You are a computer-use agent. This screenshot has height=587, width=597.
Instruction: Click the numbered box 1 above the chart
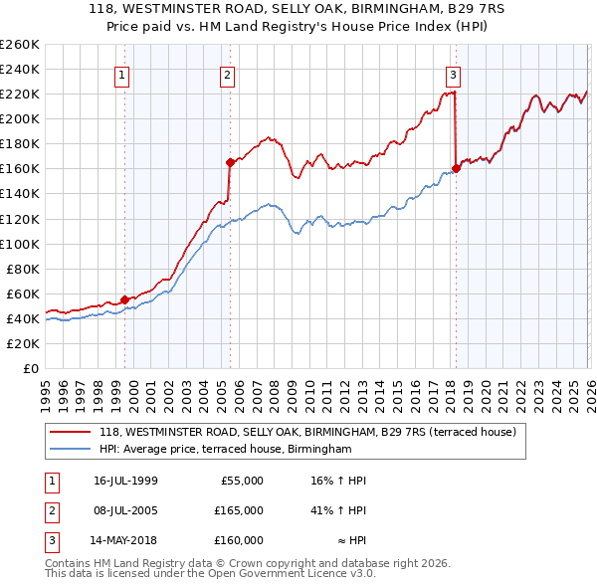coord(121,75)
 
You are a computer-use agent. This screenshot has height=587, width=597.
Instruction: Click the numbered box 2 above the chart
coord(228,75)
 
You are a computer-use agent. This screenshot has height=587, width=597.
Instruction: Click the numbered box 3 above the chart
coord(453,75)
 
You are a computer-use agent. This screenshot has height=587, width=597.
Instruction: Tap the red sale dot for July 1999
coord(124,298)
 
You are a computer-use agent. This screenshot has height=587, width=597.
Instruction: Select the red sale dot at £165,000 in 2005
coord(230,161)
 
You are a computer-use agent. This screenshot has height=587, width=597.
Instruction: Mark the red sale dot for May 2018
coord(456,168)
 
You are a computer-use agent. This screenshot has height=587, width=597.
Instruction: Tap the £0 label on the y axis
coord(30,368)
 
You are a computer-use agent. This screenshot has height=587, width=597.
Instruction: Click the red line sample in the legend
coord(70,433)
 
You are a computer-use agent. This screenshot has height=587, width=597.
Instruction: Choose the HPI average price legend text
coord(226,450)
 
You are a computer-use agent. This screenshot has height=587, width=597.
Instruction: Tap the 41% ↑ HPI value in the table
coord(337,510)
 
